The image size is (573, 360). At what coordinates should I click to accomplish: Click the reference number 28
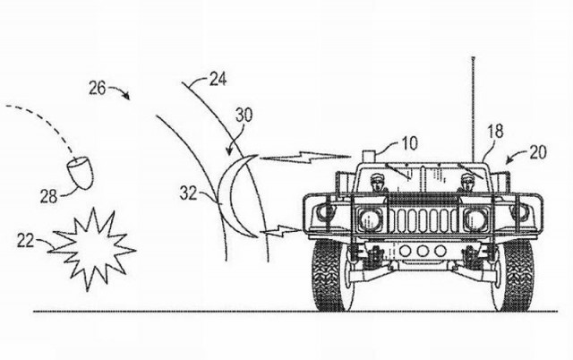click(48, 197)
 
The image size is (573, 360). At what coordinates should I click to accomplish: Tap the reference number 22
click(25, 241)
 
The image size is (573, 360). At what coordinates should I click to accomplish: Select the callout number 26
click(98, 89)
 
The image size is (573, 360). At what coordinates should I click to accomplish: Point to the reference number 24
click(218, 80)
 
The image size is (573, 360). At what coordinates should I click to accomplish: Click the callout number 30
click(244, 116)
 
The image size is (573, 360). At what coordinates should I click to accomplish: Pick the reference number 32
click(188, 193)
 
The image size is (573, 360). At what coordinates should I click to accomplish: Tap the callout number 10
click(410, 143)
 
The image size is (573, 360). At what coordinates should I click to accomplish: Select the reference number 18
click(495, 132)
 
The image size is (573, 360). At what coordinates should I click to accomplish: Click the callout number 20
click(537, 152)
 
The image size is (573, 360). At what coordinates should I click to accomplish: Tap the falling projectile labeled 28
click(80, 173)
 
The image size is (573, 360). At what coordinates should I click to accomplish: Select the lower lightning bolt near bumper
click(282, 230)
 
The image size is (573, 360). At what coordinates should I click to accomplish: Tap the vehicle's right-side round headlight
click(475, 219)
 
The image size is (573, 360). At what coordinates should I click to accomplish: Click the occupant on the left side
click(378, 184)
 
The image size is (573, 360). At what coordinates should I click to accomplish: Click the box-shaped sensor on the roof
click(368, 156)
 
